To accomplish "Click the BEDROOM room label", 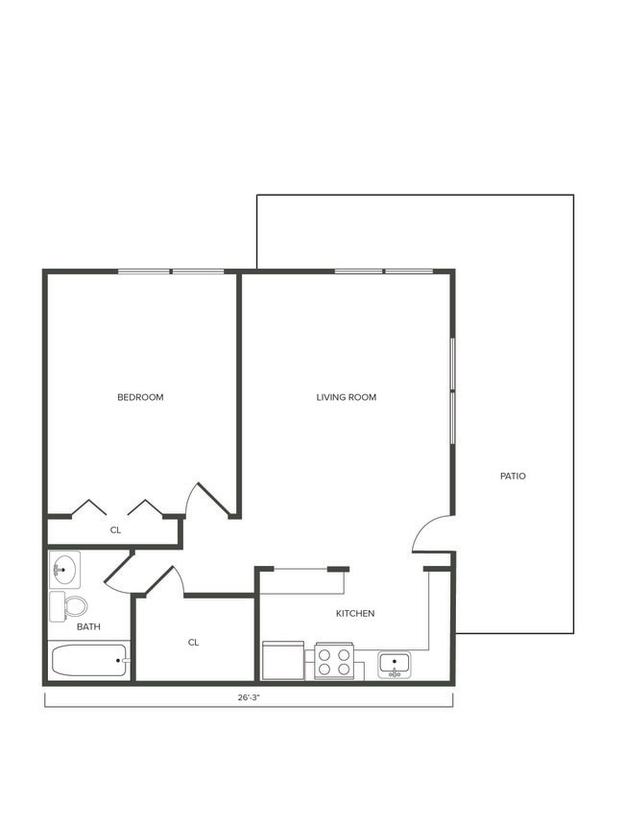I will (x=140, y=397).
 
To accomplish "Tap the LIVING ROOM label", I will (x=346, y=397).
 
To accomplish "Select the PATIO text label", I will (x=513, y=476).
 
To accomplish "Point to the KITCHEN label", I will (x=354, y=613).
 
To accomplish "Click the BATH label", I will (x=88, y=627).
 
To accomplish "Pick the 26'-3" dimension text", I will (x=249, y=698).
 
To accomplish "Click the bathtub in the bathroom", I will (x=89, y=661).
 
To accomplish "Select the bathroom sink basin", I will (x=64, y=570).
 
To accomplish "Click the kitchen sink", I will (x=394, y=663).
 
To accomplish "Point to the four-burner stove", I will (x=334, y=661).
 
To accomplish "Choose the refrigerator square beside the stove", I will (x=283, y=660).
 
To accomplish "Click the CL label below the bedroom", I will (x=115, y=529).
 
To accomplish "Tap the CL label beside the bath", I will (x=193, y=643).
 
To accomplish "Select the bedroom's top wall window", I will (x=171, y=271).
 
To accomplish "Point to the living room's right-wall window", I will (x=452, y=389).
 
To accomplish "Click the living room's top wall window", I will (x=384, y=271).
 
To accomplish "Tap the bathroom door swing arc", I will (x=120, y=573).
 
